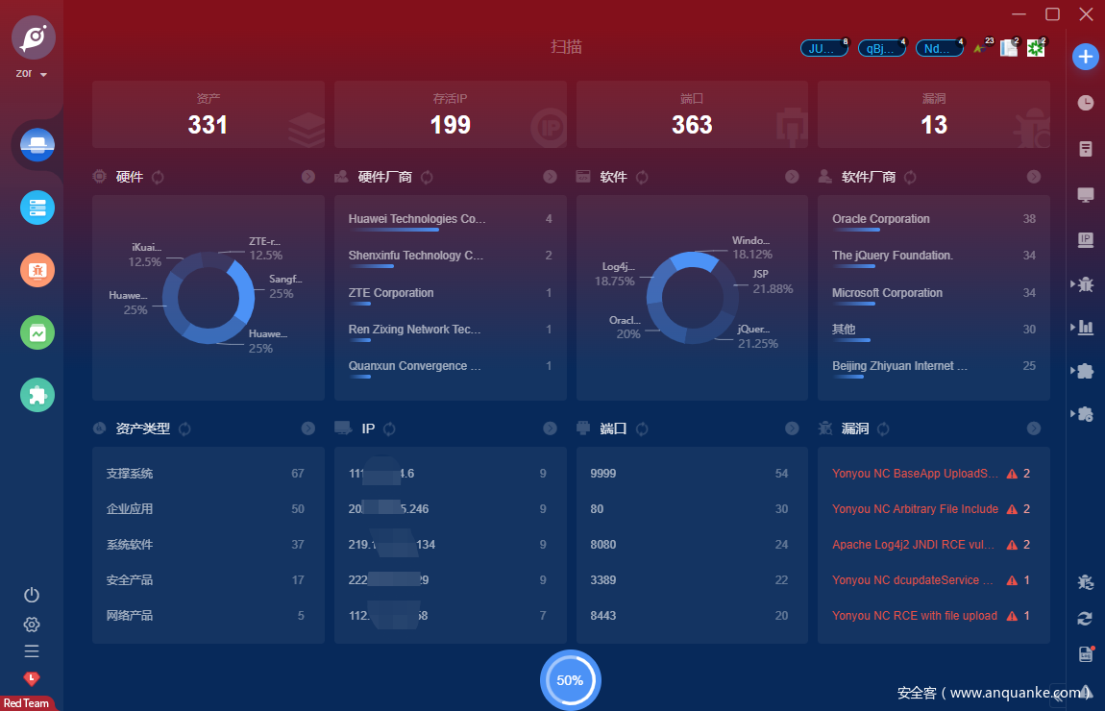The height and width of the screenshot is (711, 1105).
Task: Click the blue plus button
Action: point(1085,57)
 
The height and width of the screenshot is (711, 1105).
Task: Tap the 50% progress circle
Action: point(570,680)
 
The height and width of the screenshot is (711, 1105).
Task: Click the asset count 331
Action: point(208,125)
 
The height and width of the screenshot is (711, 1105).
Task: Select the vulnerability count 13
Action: point(933,125)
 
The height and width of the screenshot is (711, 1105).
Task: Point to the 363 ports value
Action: point(692,125)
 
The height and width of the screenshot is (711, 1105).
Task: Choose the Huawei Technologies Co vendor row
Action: point(417,219)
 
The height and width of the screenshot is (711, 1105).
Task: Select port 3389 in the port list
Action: point(603,580)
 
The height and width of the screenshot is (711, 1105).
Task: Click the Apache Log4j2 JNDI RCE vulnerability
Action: point(913,545)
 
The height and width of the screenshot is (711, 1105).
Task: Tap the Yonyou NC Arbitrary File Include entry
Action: point(915,509)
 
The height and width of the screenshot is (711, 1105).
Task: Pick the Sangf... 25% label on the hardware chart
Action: point(283,286)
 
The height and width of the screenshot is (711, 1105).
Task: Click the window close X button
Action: point(1086,13)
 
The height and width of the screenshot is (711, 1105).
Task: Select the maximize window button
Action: point(1052,13)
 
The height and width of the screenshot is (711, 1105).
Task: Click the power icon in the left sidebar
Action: point(32,595)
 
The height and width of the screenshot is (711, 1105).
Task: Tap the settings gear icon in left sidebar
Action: point(32,625)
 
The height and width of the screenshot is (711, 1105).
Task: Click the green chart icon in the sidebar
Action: point(37,332)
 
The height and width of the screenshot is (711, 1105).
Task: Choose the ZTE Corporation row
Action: point(391,293)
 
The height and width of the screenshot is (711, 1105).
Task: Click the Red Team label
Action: point(26,703)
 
